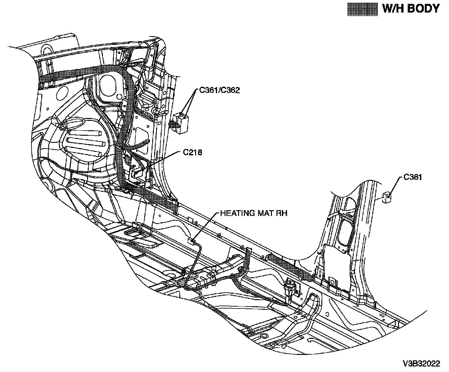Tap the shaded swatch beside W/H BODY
click(x=362, y=9)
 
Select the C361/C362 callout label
click(x=219, y=90)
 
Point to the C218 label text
click(x=193, y=152)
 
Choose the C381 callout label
click(x=413, y=177)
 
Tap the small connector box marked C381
click(x=386, y=197)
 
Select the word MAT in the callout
click(x=264, y=213)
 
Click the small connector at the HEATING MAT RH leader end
click(x=192, y=240)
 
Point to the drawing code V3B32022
click(x=421, y=364)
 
